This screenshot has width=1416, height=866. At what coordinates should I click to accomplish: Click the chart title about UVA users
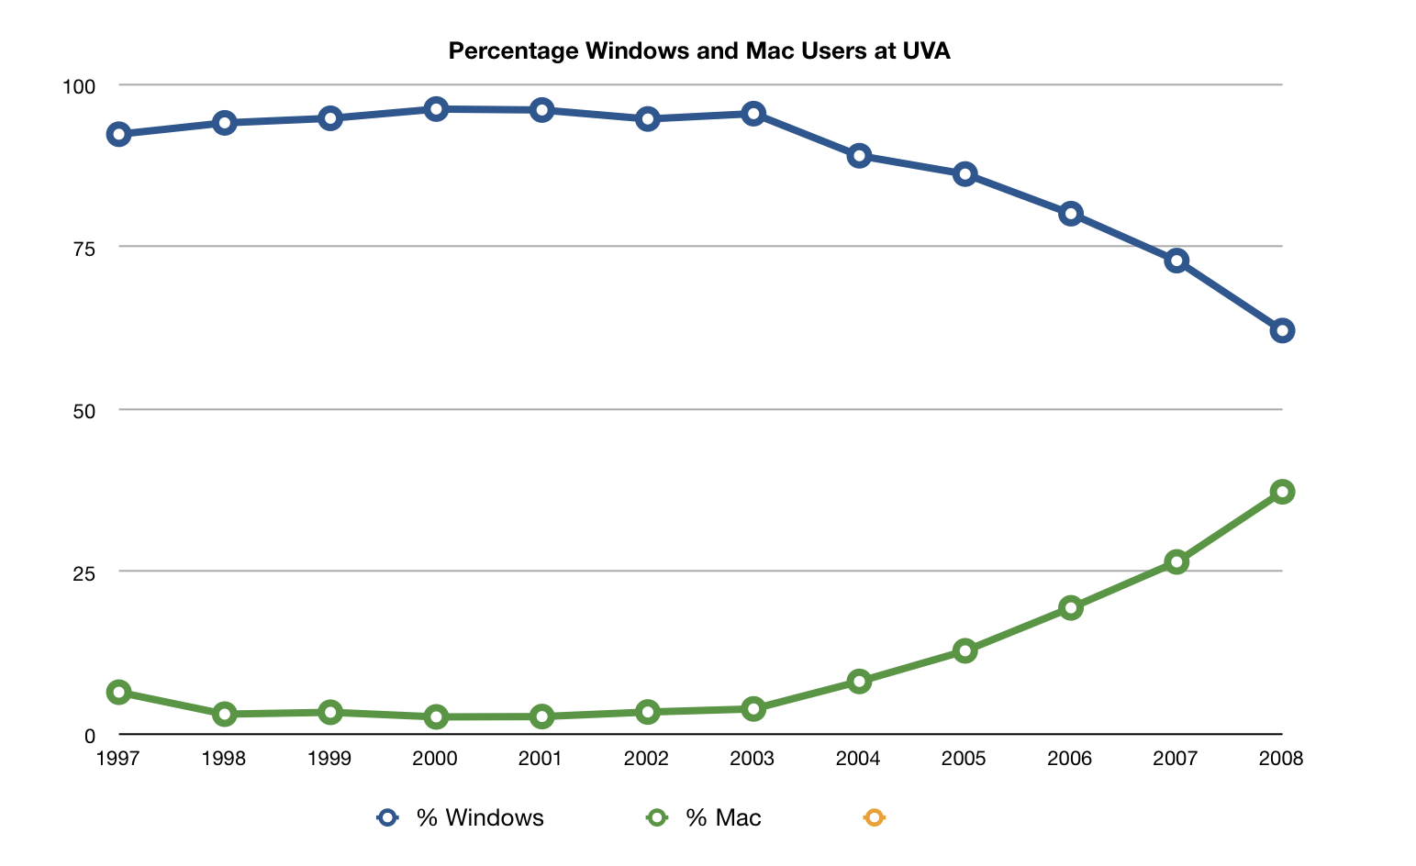click(x=699, y=51)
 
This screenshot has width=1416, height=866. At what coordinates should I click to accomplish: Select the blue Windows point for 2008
click(x=1282, y=330)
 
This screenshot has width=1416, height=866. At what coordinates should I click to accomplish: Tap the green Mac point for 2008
click(x=1282, y=492)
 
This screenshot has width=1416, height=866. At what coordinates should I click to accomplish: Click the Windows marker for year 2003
click(x=753, y=114)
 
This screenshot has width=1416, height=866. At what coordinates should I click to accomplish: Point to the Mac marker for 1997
click(x=118, y=692)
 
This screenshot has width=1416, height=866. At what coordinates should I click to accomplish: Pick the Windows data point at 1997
click(x=118, y=134)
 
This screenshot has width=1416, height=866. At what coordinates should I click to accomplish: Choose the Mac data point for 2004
click(x=859, y=681)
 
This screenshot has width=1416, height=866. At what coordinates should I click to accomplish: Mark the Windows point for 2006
click(x=1070, y=214)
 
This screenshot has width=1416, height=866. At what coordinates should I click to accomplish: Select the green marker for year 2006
click(x=1070, y=607)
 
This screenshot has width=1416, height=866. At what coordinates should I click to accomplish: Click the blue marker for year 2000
click(x=436, y=109)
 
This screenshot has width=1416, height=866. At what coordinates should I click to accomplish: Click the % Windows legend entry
click(x=462, y=817)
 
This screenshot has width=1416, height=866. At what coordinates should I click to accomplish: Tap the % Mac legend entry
click(x=705, y=817)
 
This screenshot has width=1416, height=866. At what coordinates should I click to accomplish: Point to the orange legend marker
click(x=874, y=817)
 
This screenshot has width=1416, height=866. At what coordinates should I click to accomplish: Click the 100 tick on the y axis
click(x=78, y=86)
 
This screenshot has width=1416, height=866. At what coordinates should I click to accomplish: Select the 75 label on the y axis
click(x=84, y=248)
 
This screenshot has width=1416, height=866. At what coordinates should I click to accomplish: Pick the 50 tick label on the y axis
click(x=84, y=411)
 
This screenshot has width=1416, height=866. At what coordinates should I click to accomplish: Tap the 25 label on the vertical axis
click(x=84, y=573)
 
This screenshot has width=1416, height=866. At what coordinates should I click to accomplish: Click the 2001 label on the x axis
click(x=541, y=759)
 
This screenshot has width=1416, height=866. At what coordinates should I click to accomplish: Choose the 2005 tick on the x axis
click(x=964, y=759)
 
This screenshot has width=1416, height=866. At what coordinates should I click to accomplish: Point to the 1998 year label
click(x=223, y=759)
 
